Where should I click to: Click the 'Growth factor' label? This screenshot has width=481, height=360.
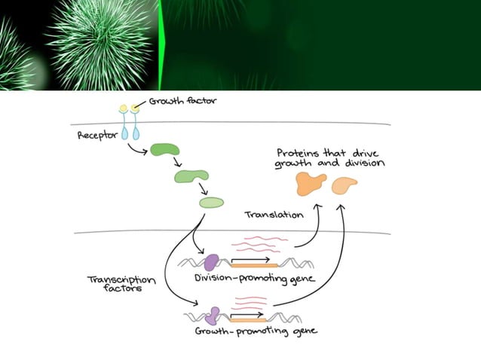(174, 100)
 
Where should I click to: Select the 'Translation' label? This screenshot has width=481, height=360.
(274, 215)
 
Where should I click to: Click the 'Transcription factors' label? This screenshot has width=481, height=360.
(121, 283)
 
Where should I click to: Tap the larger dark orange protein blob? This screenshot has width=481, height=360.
(311, 183)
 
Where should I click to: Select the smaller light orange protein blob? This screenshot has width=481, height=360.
(345, 183)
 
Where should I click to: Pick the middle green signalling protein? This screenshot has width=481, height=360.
(191, 176)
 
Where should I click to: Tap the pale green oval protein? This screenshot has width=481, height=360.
(211, 203)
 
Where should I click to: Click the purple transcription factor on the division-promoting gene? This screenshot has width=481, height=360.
(212, 261)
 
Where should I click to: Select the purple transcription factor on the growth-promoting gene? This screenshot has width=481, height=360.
(214, 314)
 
